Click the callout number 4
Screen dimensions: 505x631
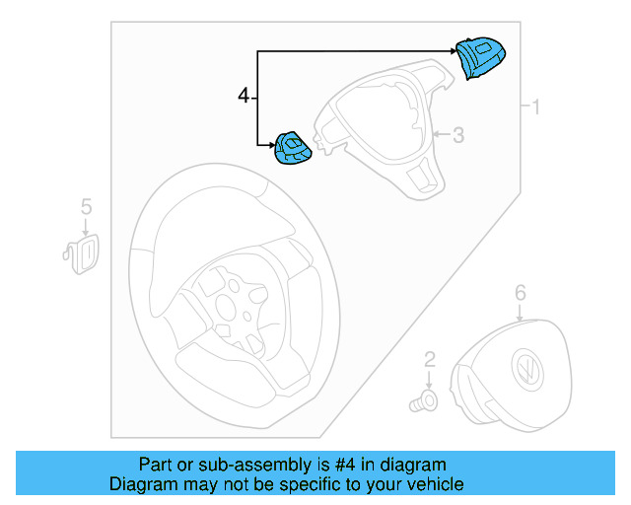tap(244, 96)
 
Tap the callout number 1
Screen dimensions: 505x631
tap(536, 107)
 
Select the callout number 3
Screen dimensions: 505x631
tap(457, 135)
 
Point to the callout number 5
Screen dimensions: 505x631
tap(86, 206)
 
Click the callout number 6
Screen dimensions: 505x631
tap(521, 292)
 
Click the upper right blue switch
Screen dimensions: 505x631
tap(480, 58)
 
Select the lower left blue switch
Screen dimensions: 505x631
tap(292, 151)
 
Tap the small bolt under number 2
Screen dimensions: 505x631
tap(425, 400)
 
